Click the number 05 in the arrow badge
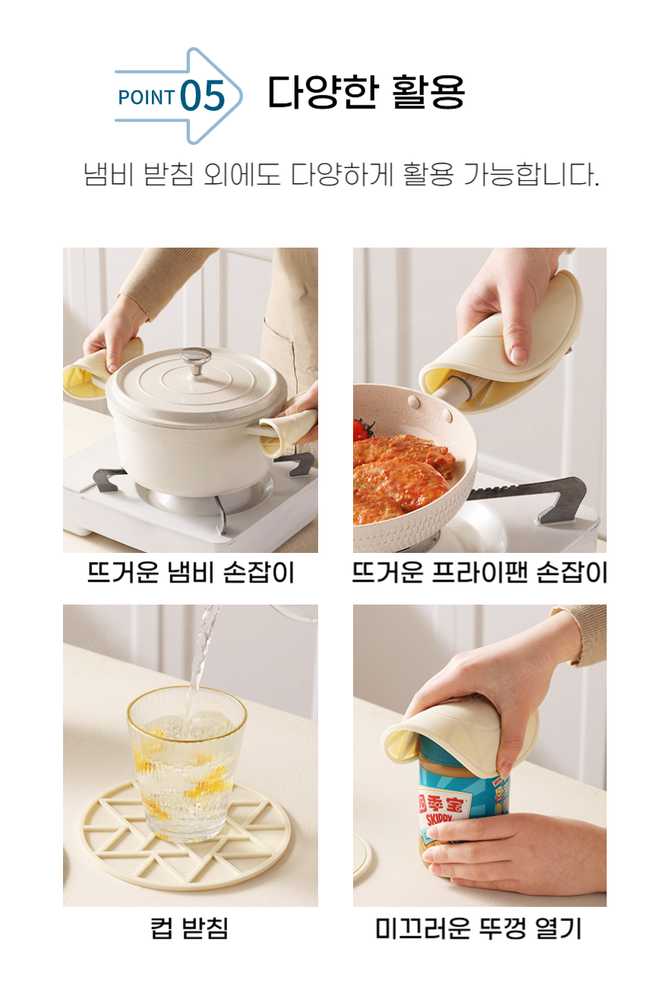click(203, 97)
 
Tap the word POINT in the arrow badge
click(147, 98)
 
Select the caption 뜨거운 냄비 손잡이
click(190, 573)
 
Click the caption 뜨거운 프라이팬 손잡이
click(479, 573)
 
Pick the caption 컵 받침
click(190, 927)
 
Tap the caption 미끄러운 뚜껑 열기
click(479, 927)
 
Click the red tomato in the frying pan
click(361, 430)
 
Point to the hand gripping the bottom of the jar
click(516, 851)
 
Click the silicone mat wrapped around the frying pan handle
click(505, 342)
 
